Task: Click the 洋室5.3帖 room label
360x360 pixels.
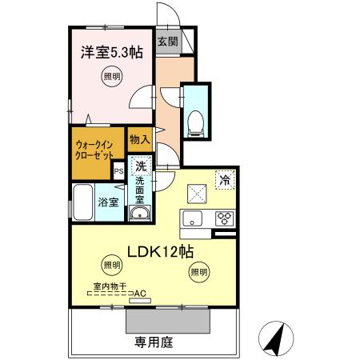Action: (111, 53)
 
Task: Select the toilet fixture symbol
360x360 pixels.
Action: (194, 118)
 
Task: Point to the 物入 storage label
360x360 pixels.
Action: (140, 139)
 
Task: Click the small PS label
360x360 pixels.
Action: (119, 171)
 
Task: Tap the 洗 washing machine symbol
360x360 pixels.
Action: (141, 168)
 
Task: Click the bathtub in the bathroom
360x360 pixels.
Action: (83, 201)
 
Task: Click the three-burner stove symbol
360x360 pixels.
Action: (222, 219)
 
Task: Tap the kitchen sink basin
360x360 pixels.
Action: (193, 218)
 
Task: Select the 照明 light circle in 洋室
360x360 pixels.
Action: (112, 78)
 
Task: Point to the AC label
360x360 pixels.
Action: (141, 294)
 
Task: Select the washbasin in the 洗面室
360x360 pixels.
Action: (140, 214)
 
